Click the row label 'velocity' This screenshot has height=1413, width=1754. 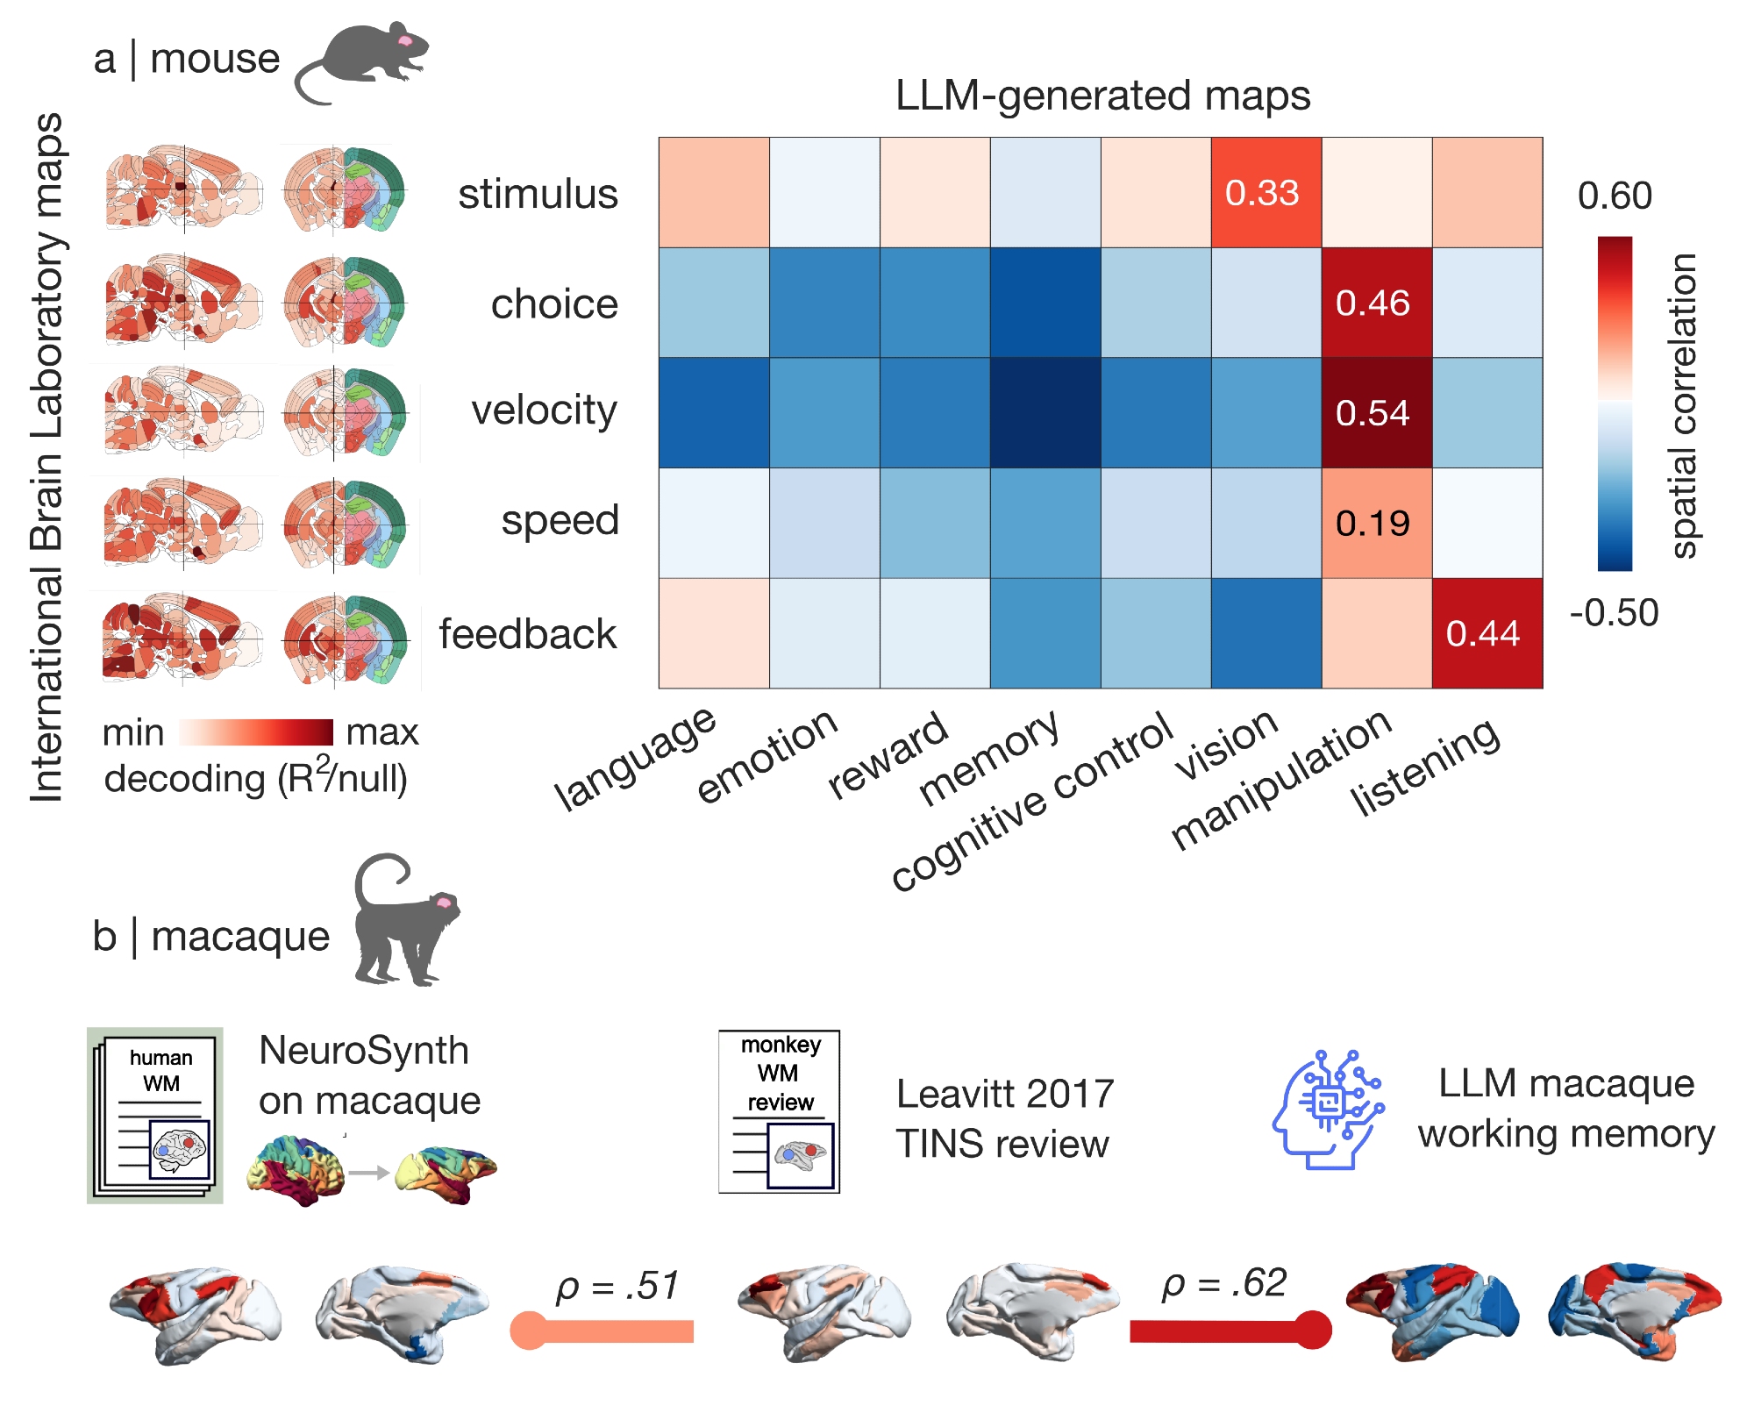pos(544,410)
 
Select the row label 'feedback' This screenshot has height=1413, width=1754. pos(528,634)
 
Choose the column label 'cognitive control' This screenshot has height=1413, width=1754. pos(1033,800)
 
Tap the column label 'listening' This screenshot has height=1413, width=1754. pos(1426,766)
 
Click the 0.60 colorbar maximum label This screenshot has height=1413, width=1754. pos(1615,196)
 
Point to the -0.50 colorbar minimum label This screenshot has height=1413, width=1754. pos(1615,613)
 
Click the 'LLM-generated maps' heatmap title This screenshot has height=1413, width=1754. pos(1102,96)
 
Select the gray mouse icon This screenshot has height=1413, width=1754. pos(363,61)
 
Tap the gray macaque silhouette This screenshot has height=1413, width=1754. pos(405,921)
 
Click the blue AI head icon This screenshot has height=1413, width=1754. pos(1328,1110)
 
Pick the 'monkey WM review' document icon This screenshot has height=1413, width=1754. pos(779,1111)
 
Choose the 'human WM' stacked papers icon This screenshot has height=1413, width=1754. pos(155,1115)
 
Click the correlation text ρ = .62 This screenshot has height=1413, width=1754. pos(1224,1283)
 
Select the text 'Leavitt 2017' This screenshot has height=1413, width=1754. pos(1005,1094)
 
